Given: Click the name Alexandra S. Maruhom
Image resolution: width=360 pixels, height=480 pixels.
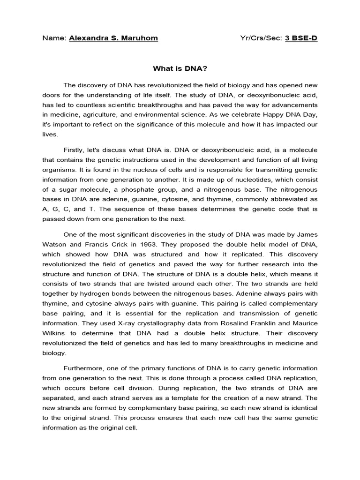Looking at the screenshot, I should point(113,38).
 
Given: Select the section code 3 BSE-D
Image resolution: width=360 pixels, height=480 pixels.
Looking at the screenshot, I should point(301,38).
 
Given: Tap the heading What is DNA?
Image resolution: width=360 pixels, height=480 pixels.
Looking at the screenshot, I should point(180,68).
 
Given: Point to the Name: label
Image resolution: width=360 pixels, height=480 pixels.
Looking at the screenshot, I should point(54,38).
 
